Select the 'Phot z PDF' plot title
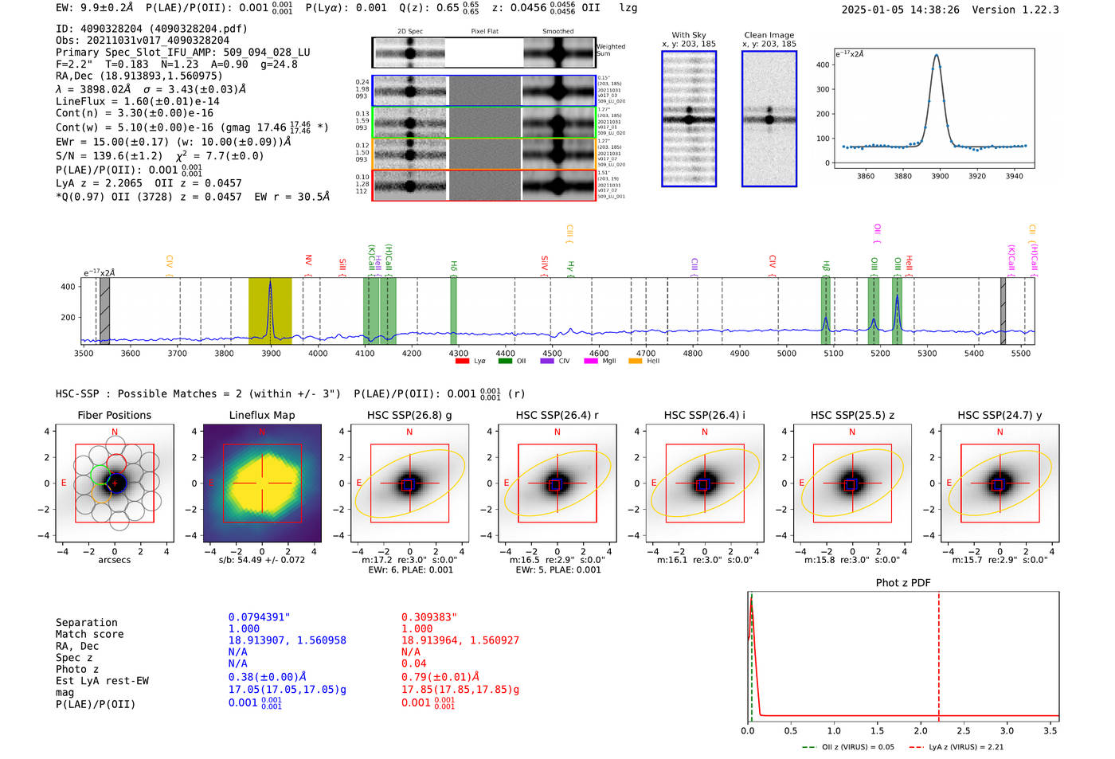[903, 583]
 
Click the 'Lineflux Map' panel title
[262, 415]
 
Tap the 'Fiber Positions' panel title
[115, 415]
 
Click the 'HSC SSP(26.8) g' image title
[409, 415]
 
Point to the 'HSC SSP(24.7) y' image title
[1000, 415]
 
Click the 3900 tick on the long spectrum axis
[272, 354]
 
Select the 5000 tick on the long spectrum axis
[787, 354]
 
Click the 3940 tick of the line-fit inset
[1014, 176]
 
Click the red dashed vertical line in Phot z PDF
[939, 653]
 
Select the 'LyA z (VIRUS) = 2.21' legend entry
[960, 747]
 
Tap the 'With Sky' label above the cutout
[689, 35]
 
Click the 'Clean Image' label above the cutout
[769, 35]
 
